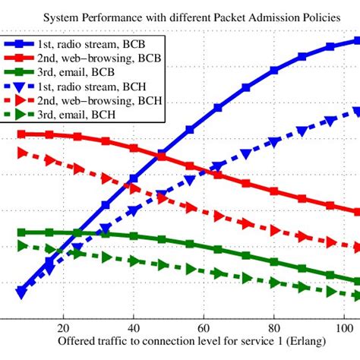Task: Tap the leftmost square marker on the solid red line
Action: coord(21,134)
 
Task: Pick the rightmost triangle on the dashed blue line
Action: coord(357,112)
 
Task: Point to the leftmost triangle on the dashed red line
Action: coord(21,153)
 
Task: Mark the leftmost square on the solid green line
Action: coord(21,232)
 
